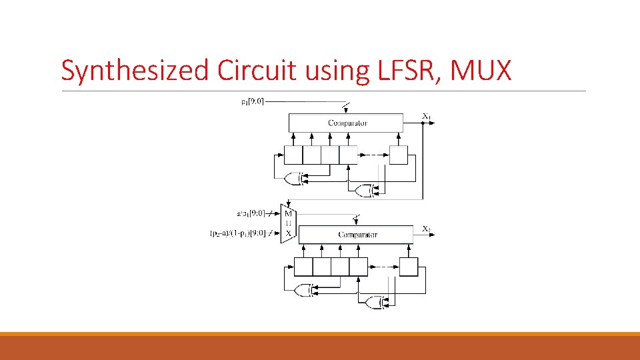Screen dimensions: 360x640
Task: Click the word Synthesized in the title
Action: point(135,70)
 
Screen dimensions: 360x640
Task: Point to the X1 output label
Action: point(427,117)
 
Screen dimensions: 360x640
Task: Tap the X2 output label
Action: point(427,229)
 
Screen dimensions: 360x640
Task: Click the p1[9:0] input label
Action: point(252,101)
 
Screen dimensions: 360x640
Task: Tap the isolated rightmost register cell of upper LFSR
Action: point(398,155)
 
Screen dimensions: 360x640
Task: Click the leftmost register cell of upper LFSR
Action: point(293,155)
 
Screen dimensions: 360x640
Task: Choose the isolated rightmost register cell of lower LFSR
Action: point(408,267)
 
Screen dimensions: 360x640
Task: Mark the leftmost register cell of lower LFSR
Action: point(303,267)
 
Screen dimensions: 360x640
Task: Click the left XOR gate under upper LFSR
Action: point(293,178)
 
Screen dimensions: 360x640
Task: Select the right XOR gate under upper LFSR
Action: point(363,191)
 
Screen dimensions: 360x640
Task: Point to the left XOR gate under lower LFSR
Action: point(303,290)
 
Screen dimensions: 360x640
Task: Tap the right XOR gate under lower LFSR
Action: point(373,303)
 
